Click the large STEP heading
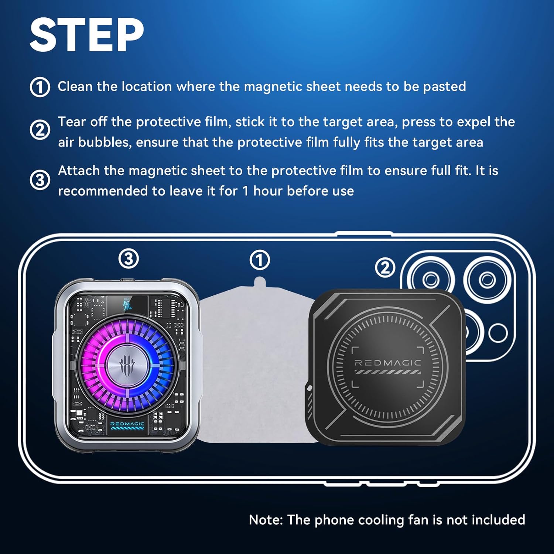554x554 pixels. (x=87, y=35)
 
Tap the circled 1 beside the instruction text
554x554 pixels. (x=40, y=87)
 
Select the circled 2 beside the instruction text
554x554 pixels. (x=40, y=130)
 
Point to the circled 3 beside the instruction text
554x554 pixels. (x=40, y=180)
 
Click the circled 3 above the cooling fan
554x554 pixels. (x=129, y=259)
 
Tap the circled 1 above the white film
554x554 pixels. (x=260, y=260)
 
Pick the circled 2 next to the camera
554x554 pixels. (x=385, y=267)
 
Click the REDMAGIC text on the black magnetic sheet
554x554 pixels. (x=388, y=363)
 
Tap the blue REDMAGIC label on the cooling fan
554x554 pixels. (x=127, y=424)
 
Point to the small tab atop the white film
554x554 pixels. (x=260, y=281)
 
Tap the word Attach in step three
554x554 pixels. (x=79, y=171)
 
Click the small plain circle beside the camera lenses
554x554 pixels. (x=498, y=333)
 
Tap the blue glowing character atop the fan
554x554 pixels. (x=127, y=305)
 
